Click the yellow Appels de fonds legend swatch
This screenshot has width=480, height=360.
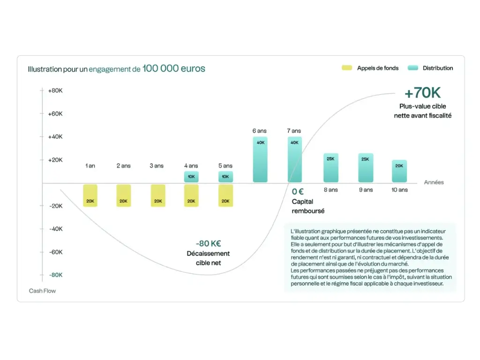[x=346, y=68]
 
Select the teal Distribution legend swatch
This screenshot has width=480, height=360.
[x=412, y=68]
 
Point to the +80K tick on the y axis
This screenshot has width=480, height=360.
[x=55, y=90]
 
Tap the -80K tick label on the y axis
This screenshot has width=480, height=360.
[x=55, y=275]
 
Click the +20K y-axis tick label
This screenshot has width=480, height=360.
[x=55, y=160]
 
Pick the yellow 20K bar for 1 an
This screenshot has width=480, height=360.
[x=90, y=195]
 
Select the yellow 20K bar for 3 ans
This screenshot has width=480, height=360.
[x=158, y=195]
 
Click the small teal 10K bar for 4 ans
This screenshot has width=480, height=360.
[x=191, y=177]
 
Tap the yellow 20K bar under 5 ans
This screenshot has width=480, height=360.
[x=225, y=195]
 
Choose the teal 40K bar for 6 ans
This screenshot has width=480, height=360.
[x=261, y=159]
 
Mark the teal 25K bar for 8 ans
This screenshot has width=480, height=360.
[x=330, y=167]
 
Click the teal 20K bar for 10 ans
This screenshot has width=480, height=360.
[x=399, y=171]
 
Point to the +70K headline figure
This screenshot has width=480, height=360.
[x=422, y=93]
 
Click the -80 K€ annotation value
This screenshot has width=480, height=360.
[x=208, y=243]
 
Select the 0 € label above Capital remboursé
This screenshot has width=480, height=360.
[x=298, y=191]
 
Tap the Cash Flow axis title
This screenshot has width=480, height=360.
[x=42, y=291]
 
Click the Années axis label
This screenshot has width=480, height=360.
[x=434, y=182]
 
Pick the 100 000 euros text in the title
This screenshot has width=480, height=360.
[x=174, y=69]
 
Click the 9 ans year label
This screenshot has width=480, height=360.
[x=365, y=190]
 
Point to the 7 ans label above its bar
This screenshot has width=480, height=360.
[x=294, y=131]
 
